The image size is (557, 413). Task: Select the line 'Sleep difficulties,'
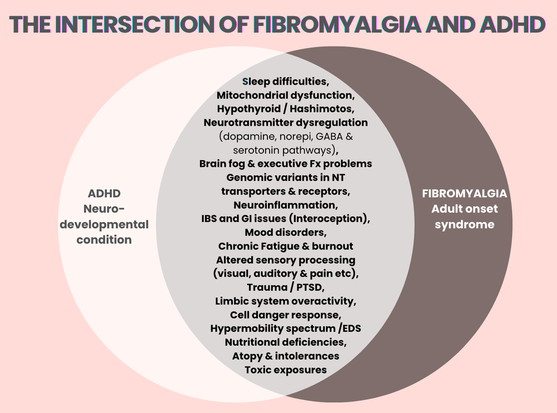point(285,82)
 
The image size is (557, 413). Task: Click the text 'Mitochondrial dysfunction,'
point(285,95)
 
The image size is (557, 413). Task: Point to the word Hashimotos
point(323,109)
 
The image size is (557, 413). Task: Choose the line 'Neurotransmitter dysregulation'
point(285,122)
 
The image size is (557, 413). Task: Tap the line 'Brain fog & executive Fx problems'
point(285,164)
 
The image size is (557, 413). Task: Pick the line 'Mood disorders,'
point(285,232)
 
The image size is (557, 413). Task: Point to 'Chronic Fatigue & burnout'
point(285,246)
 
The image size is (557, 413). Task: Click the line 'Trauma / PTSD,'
point(285,287)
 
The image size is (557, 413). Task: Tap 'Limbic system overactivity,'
point(285,301)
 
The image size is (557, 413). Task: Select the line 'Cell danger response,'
point(285,314)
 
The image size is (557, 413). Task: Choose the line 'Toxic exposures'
point(285,370)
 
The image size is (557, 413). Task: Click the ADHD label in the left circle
point(104,194)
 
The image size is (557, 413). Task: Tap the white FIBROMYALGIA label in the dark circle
point(465,194)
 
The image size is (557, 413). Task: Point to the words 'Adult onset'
point(465,210)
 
